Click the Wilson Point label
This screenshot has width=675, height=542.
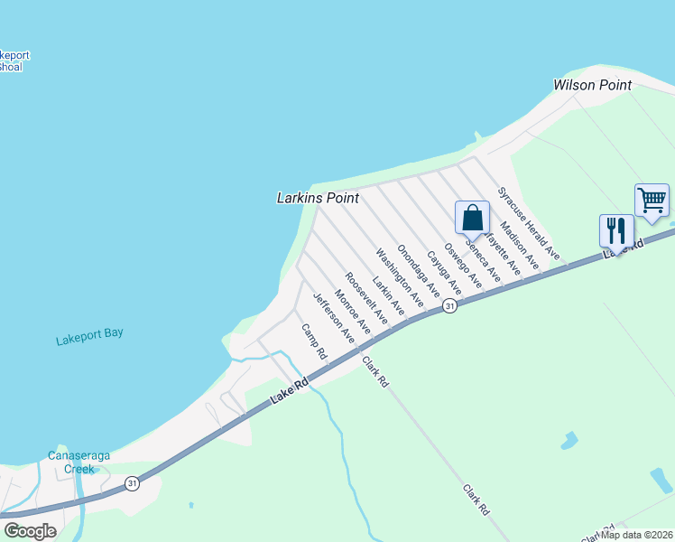591,85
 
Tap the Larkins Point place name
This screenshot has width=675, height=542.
318,198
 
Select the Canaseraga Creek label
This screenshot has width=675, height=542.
79,463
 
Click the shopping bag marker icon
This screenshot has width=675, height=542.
472,219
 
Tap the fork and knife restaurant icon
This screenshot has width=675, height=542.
616,231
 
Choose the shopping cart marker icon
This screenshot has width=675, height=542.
652,201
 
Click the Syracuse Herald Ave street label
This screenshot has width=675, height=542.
530,225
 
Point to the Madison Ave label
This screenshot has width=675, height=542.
519,247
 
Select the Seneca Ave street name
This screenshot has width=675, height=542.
483,257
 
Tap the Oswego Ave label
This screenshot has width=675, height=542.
463,267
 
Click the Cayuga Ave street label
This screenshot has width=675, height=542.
444,275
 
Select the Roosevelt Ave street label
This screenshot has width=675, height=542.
366,300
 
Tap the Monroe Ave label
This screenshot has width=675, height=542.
352,310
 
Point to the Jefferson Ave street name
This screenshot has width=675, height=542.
332,317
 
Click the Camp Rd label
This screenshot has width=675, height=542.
312,341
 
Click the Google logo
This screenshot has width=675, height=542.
30,531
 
